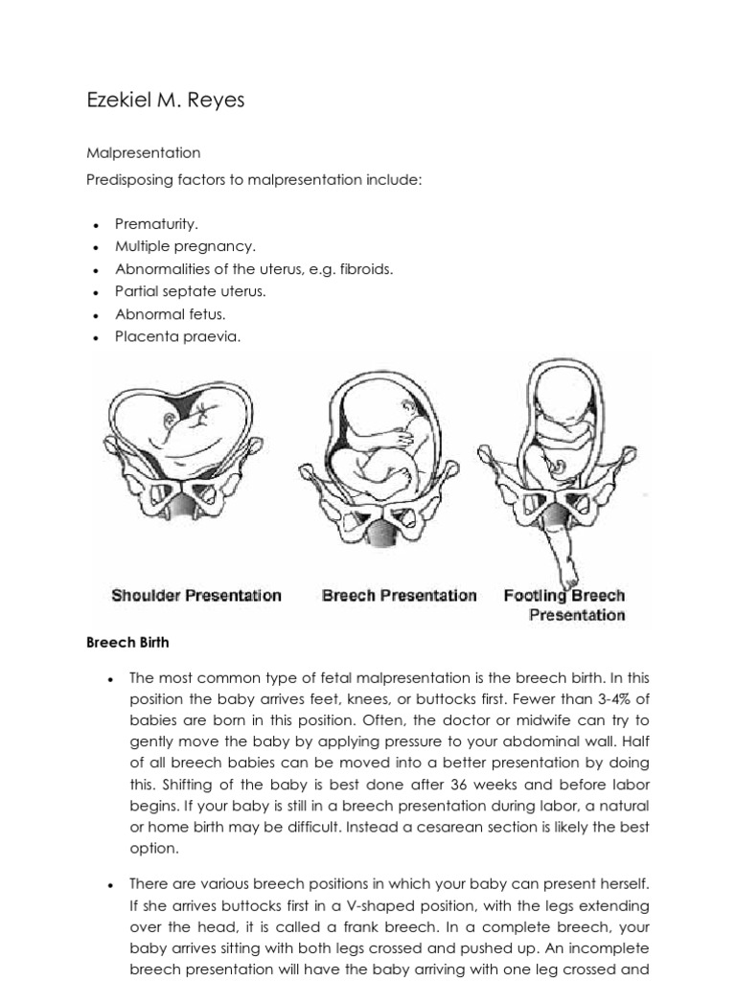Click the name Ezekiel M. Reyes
[x=165, y=100]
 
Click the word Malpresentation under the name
[x=143, y=152]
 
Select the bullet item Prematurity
[x=156, y=223]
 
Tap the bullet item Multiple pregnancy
[x=185, y=246]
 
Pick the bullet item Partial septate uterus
[x=191, y=291]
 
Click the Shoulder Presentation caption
[x=196, y=595]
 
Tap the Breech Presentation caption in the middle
[x=399, y=595]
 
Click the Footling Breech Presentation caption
[x=564, y=605]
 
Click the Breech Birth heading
[x=127, y=643]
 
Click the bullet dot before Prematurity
[x=97, y=225]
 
